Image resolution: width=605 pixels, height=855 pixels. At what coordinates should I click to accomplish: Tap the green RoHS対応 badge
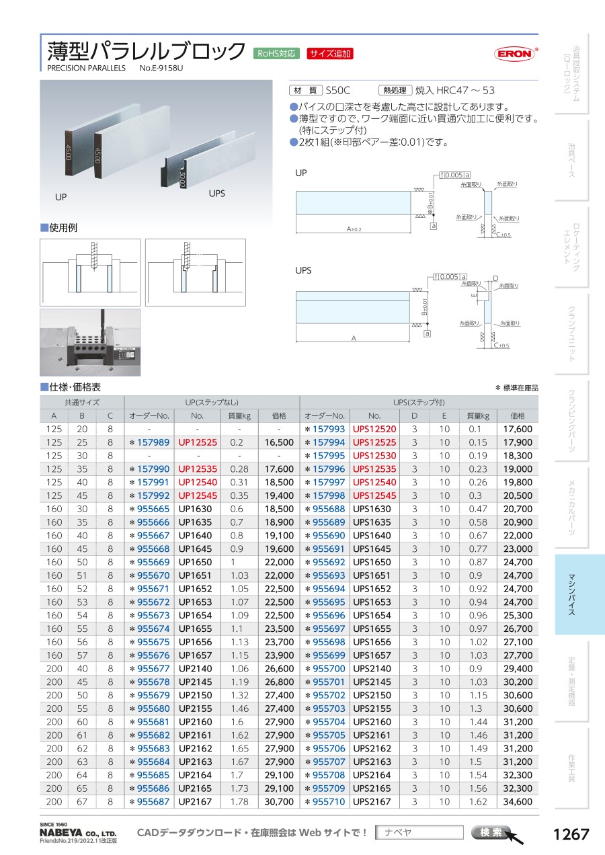[x=276, y=54]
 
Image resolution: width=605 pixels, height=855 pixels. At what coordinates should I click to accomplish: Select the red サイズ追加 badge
[x=330, y=54]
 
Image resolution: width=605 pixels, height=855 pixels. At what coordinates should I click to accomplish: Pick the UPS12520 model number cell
[x=374, y=429]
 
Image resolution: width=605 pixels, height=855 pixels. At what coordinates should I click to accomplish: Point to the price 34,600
[x=518, y=801]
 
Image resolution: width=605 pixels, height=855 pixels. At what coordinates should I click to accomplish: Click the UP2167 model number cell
[x=195, y=801]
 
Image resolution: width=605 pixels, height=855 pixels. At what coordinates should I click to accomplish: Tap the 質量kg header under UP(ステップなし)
[x=239, y=415]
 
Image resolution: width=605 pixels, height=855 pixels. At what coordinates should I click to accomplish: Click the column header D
[x=415, y=415]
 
